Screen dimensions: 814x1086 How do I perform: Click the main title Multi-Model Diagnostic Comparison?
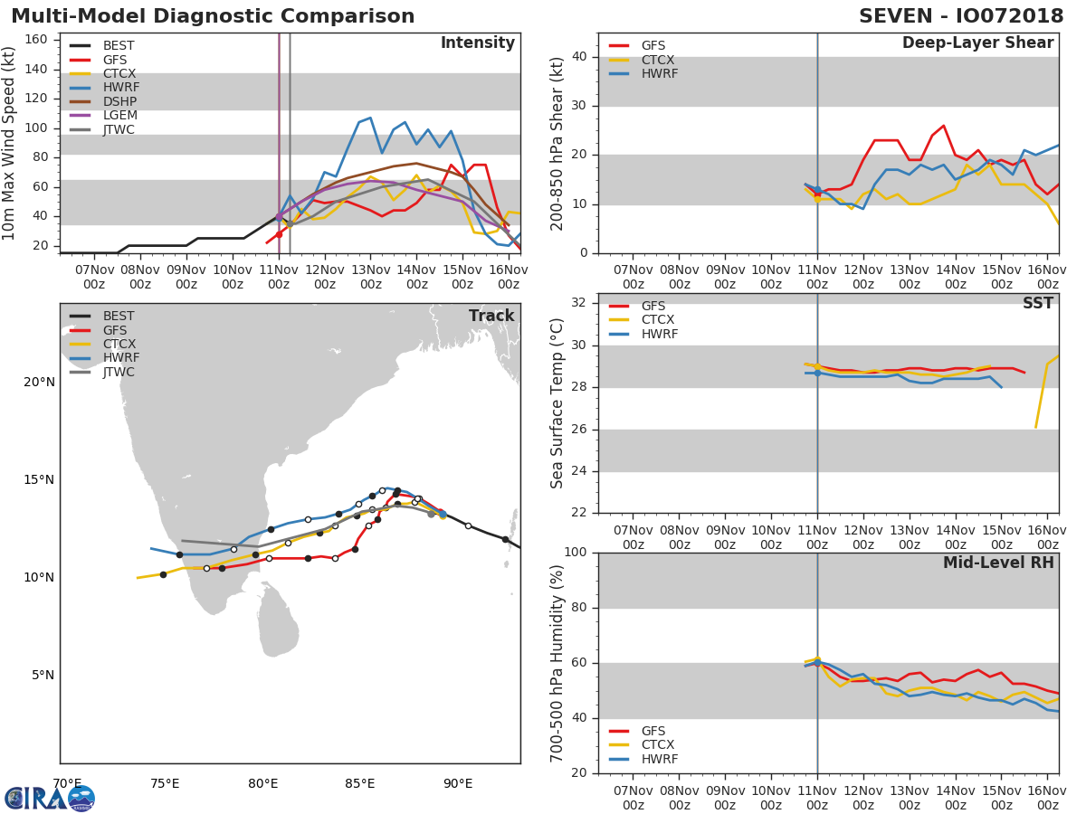213,16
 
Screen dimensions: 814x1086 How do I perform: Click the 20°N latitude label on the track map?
38,382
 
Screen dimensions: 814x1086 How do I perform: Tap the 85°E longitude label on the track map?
359,783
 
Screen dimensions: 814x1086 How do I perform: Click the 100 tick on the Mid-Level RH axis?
576,552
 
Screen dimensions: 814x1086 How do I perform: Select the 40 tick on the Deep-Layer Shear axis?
579,57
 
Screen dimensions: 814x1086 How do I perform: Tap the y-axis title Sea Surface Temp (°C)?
557,403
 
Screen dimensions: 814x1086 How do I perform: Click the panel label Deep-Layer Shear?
977,43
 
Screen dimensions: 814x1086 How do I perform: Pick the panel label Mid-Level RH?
998,563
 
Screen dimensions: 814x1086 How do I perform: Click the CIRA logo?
50,798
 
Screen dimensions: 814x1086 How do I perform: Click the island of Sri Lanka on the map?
279,624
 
